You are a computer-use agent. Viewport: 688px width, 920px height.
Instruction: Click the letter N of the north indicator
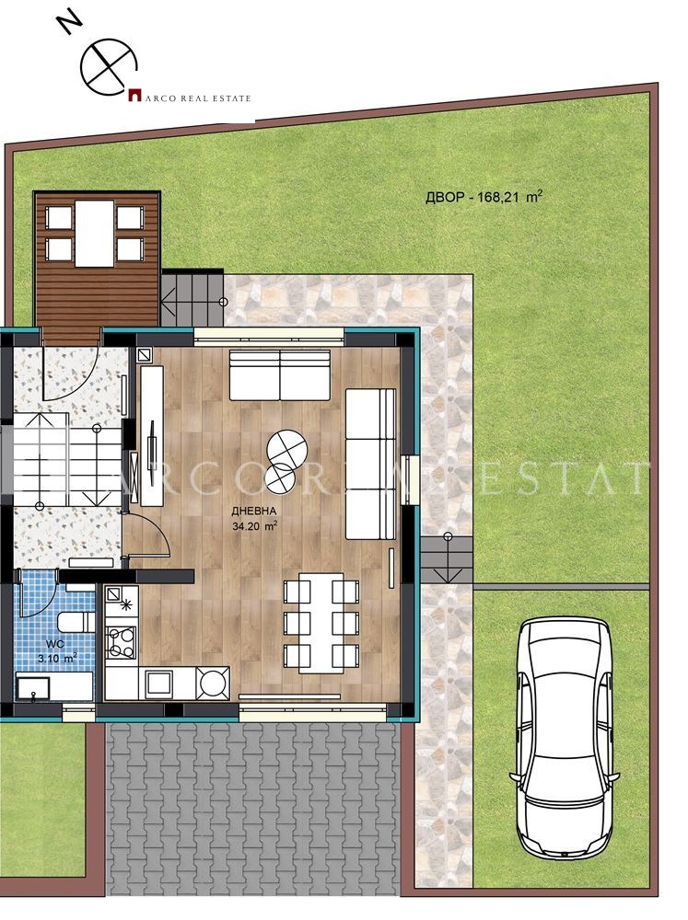66,19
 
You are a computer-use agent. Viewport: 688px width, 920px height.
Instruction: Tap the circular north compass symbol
108,67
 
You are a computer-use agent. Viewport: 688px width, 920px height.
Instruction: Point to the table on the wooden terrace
95,233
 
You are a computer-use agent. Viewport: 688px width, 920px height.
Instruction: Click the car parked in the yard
563,735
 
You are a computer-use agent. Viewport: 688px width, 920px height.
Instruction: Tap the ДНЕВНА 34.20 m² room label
256,520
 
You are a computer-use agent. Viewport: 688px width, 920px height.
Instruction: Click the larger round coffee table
287,448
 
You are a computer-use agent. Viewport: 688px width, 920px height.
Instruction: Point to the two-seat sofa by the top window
279,374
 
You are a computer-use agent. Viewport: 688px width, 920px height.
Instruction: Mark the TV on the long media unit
147,448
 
